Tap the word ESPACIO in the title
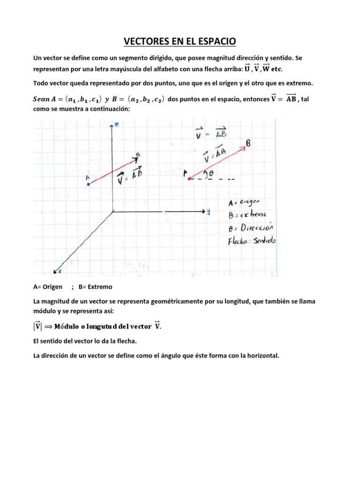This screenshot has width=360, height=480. (217, 43)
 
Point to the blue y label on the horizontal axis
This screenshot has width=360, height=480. (208, 211)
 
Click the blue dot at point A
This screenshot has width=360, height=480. (88, 184)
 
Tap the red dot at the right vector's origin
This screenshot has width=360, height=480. (189, 178)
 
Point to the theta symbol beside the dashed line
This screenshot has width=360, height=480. (211, 173)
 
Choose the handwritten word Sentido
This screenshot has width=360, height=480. (265, 241)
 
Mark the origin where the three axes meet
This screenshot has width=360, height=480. (113, 211)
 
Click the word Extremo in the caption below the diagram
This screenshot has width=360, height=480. (99, 286)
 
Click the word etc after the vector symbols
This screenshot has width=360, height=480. (277, 69)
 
